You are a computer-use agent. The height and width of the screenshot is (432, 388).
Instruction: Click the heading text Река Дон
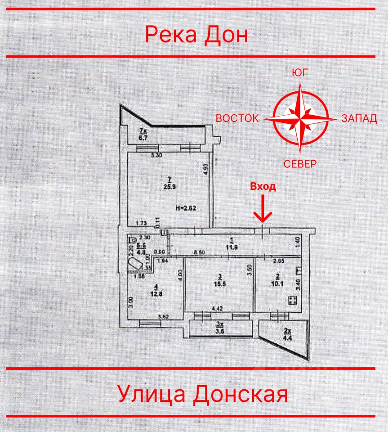[196, 34]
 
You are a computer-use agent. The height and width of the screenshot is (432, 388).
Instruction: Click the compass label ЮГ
[300, 73]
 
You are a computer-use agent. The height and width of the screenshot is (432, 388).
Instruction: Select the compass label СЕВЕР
[300, 164]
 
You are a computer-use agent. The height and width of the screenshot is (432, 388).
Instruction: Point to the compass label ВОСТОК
[237, 118]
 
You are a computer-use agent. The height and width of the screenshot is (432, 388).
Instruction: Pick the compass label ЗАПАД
[359, 118]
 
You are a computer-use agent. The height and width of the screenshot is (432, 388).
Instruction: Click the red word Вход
[263, 187]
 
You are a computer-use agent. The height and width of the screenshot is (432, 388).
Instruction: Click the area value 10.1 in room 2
[278, 283]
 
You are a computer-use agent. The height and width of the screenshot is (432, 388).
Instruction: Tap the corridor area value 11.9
[232, 247]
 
